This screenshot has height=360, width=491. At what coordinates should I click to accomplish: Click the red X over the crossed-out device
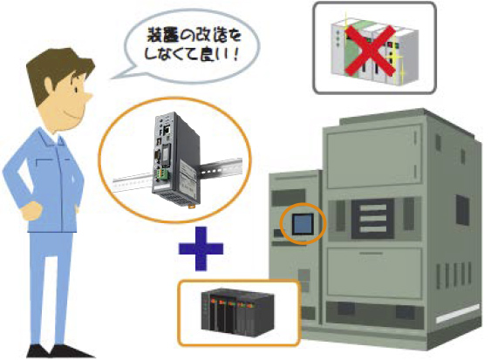(x=371, y=51)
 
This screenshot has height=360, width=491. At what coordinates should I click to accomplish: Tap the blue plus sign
(x=201, y=248)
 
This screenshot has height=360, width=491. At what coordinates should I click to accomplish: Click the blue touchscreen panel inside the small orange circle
(x=303, y=224)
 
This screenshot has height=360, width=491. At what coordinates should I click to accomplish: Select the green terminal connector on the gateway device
(x=163, y=175)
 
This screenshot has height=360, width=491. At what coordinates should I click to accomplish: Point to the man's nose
(x=89, y=97)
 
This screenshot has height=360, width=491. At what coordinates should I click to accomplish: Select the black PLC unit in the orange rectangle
(x=238, y=313)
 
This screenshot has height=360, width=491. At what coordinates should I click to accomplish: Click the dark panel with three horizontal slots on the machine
(x=372, y=219)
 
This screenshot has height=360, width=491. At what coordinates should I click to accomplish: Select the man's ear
(x=49, y=85)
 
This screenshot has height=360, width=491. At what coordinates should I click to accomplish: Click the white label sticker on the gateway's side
(x=188, y=174)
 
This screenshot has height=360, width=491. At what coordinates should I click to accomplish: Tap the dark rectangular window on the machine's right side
(x=462, y=210)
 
